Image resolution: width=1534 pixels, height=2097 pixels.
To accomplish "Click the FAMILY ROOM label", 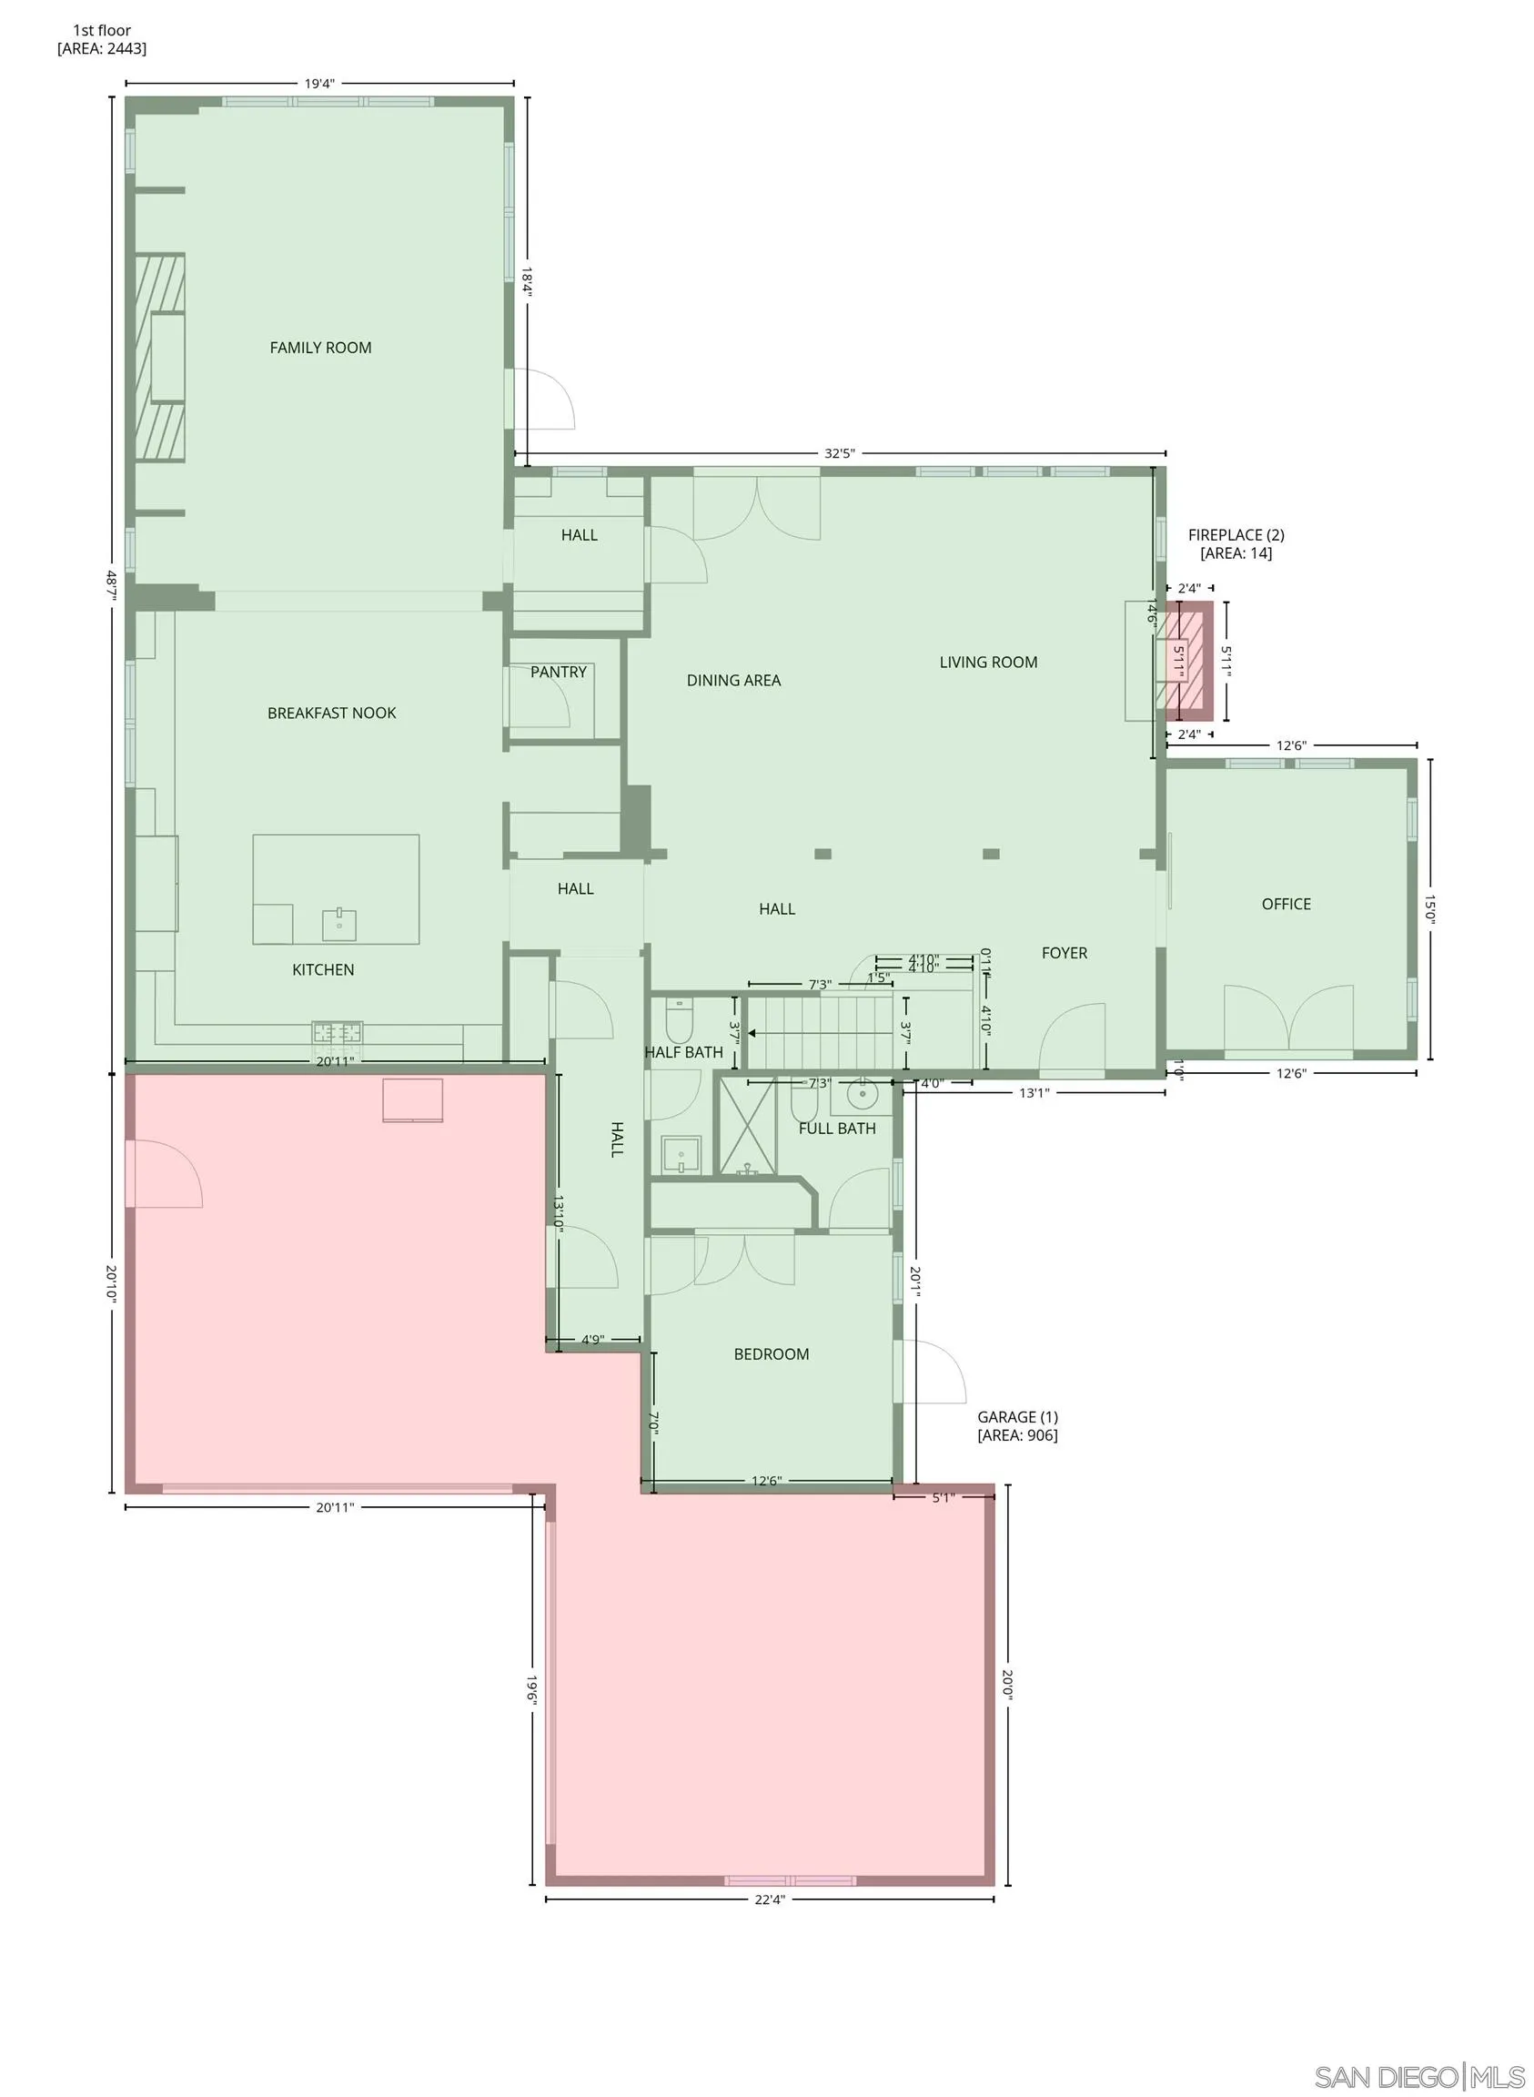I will coord(320,349).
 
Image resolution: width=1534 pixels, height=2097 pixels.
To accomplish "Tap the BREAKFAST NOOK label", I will coord(331,714).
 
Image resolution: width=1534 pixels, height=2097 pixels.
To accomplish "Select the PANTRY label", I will coord(558,672).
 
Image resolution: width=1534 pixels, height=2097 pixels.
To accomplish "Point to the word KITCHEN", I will coord(323,969).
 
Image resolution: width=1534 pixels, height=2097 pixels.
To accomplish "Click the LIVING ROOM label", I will coord(988,663).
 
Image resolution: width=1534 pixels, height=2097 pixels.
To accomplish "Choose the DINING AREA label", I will coord(733,681).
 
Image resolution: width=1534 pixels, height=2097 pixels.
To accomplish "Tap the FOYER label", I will coord(1065,953).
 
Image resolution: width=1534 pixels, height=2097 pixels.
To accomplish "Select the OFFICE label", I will coord(1287,904).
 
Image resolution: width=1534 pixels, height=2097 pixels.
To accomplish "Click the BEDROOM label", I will coord(771,1354).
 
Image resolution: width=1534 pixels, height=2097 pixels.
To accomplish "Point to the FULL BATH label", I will coord(837,1129).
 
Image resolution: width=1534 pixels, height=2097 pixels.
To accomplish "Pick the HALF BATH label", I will coord(683,1052).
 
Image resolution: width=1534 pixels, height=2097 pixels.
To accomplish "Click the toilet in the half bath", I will coord(680,1021).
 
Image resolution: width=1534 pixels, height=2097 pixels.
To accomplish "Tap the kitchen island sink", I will coord(339,924).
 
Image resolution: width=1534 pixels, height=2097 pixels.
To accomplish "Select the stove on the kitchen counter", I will coord(337,1032).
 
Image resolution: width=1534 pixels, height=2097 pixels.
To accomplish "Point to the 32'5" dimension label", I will coord(840,454).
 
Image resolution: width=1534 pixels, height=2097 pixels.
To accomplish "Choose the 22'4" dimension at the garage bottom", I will coord(770,1899).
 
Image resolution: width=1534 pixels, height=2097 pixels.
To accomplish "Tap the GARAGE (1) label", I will coord(1017,1425).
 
